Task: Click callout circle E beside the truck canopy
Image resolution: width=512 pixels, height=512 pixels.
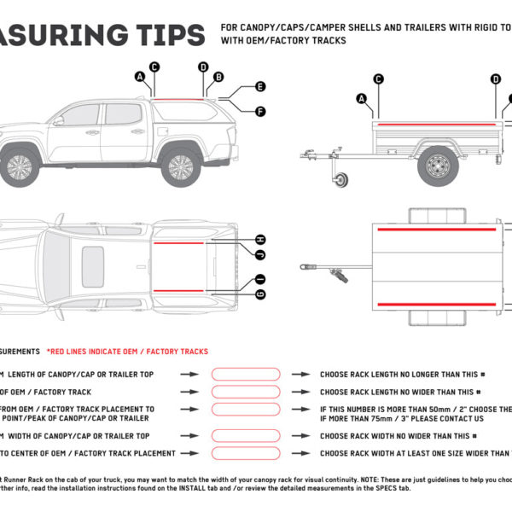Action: point(260,87)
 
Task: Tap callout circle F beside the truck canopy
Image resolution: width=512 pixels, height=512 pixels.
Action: point(260,111)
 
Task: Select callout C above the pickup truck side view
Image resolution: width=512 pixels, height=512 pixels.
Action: point(154,67)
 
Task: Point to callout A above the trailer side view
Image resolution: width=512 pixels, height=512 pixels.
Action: point(364,98)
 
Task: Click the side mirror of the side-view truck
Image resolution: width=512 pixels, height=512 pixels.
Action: point(59,121)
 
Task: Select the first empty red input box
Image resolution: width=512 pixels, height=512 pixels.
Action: point(245,374)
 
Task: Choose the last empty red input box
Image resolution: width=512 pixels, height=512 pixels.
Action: point(245,453)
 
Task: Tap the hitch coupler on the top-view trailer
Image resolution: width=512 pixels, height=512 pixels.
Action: point(305,267)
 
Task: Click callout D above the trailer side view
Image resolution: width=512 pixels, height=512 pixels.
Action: point(495,79)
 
